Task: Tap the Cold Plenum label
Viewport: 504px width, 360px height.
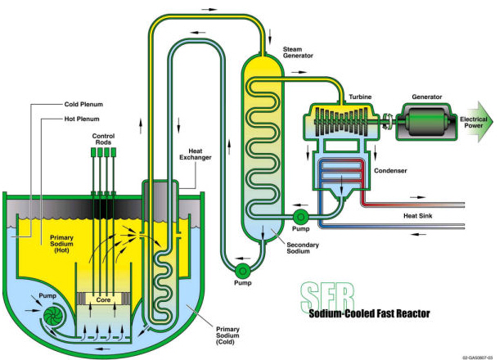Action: (82, 105)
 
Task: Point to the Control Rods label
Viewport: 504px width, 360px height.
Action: (104, 138)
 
